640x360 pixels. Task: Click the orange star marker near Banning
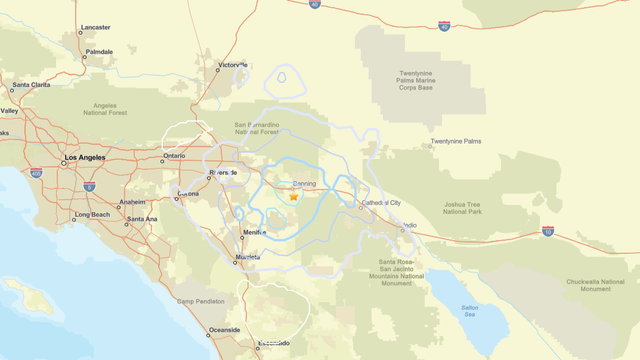pyautogui.click(x=293, y=197)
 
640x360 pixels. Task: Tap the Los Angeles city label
pyautogui.click(x=83, y=158)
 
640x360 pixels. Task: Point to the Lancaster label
pyautogui.click(x=96, y=28)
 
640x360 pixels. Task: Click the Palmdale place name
pyautogui.click(x=99, y=51)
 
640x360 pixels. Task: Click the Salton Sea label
pyautogui.click(x=471, y=310)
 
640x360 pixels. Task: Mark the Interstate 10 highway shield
pyautogui.click(x=548, y=231)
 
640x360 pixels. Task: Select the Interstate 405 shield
pyautogui.click(x=36, y=172)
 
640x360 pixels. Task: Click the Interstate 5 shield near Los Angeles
pyautogui.click(x=89, y=186)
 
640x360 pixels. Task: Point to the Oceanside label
pyautogui.click(x=223, y=329)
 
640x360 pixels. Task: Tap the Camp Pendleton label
pyautogui.click(x=197, y=301)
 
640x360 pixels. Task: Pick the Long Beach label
pyautogui.click(x=92, y=214)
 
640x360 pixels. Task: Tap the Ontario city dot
pyautogui.click(x=163, y=156)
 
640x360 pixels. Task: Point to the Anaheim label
pyautogui.click(x=132, y=202)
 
